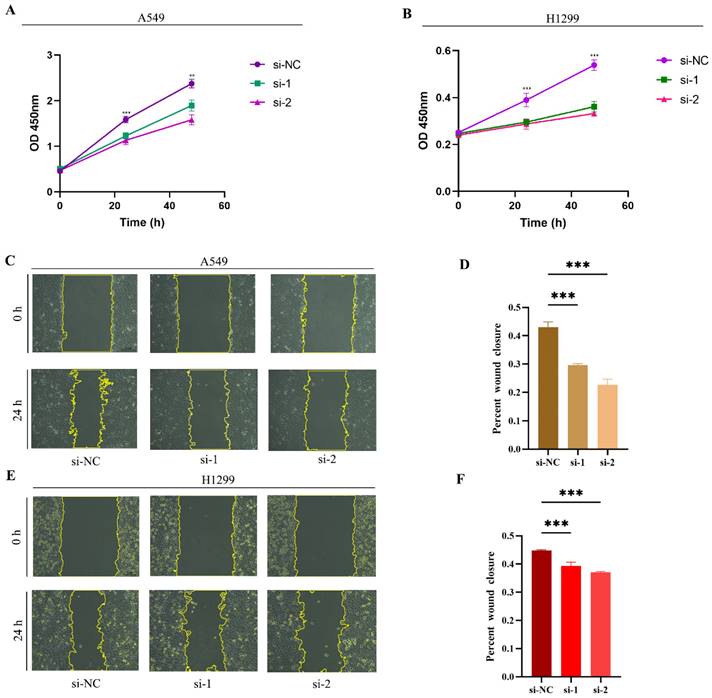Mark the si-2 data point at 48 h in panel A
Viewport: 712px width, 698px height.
[x=191, y=120]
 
